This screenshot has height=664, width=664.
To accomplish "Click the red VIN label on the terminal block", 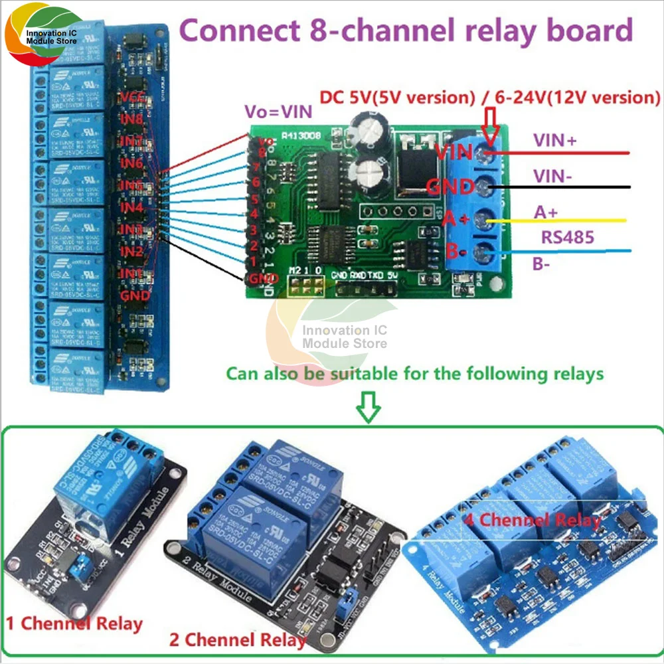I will pyautogui.click(x=454, y=152).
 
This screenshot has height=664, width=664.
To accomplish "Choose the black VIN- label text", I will pyautogui.click(x=550, y=175).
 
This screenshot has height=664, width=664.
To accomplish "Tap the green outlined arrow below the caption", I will pyautogui.click(x=369, y=406).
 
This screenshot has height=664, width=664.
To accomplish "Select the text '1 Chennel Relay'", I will pyautogui.click(x=74, y=624).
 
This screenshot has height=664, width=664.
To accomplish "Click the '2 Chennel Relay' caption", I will pyautogui.click(x=238, y=641).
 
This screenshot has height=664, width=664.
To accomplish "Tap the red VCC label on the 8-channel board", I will pyautogui.click(x=135, y=98).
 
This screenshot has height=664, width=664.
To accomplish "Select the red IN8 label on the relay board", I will pyautogui.click(x=133, y=120).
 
